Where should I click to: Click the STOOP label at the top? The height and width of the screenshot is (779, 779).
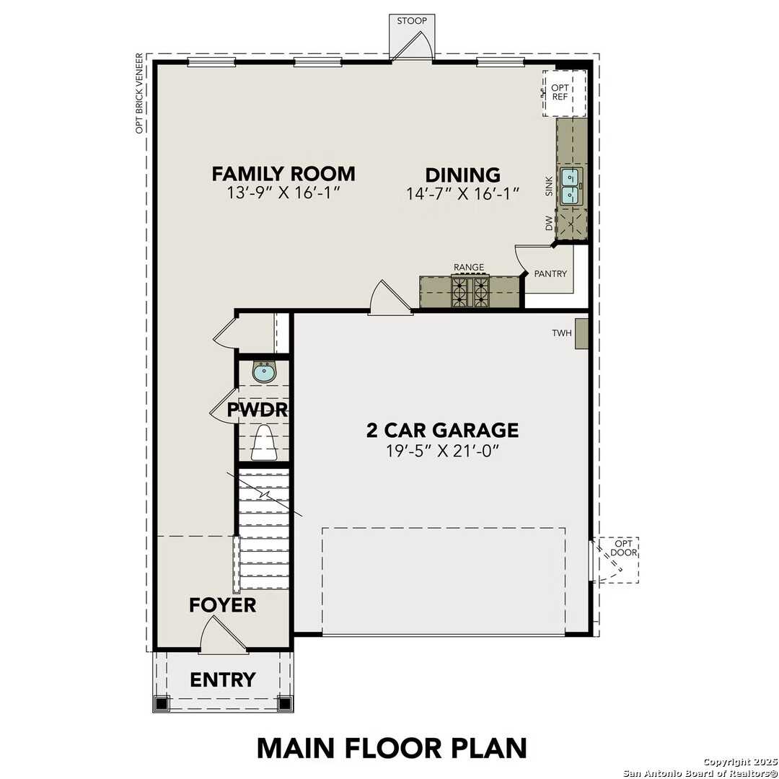pyautogui.click(x=412, y=21)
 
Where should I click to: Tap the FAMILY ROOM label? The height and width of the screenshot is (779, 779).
pyautogui.click(x=283, y=174)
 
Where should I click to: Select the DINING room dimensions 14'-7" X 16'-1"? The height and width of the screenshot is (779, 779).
pyautogui.click(x=462, y=193)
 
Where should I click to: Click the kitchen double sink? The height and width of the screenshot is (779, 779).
pyautogui.click(x=571, y=185)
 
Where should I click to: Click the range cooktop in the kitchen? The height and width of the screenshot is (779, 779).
pyautogui.click(x=470, y=291)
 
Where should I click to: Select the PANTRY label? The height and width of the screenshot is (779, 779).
pyautogui.click(x=550, y=274)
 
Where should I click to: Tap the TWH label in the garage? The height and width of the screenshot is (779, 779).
pyautogui.click(x=561, y=333)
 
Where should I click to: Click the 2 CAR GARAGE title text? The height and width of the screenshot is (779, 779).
pyautogui.click(x=442, y=431)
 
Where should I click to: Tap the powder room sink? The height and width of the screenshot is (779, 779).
pyautogui.click(x=264, y=373)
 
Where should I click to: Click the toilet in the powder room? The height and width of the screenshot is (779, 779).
pyautogui.click(x=264, y=443)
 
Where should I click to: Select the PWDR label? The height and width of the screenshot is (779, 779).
pyautogui.click(x=258, y=410)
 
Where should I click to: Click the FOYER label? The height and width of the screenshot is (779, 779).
pyautogui.click(x=222, y=604)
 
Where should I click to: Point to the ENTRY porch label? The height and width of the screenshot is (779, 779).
pyautogui.click(x=222, y=679)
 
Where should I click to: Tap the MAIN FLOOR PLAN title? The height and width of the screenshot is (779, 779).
pyautogui.click(x=392, y=748)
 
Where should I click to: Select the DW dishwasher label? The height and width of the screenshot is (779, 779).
pyautogui.click(x=549, y=224)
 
